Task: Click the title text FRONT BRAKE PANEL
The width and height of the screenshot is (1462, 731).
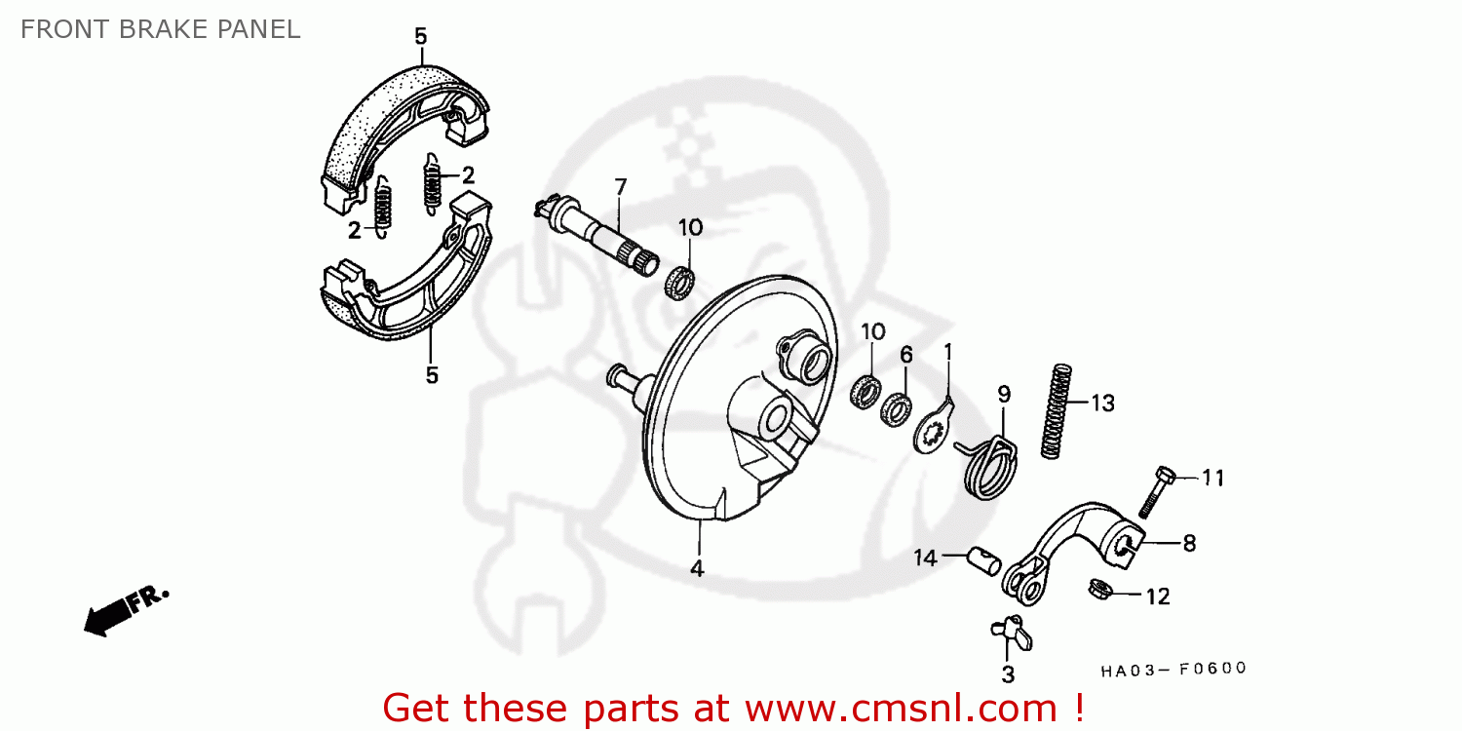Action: coord(161,29)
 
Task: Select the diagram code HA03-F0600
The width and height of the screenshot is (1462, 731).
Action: coord(1173,669)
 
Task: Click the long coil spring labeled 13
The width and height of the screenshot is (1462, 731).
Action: coord(1056,412)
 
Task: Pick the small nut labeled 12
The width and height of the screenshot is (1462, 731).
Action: coord(1101,590)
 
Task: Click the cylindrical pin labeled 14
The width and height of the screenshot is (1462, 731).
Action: coord(984,561)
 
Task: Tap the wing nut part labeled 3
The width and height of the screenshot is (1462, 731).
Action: coord(1011,633)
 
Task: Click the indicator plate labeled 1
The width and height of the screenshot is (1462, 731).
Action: coord(934,428)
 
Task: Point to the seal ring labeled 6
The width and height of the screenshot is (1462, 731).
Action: coord(896,409)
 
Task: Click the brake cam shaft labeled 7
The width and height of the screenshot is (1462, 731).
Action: coord(596,234)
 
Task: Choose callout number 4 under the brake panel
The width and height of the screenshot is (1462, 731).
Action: coord(697,568)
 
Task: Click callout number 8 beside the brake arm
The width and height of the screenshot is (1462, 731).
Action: coord(1189,543)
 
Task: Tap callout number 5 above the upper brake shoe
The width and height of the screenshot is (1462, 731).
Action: coord(421,37)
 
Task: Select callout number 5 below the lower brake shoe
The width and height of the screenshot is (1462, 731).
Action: coord(432,375)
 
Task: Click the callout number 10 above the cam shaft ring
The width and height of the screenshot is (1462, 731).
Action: coord(690,227)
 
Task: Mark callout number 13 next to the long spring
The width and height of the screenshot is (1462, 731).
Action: coord(1103,404)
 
